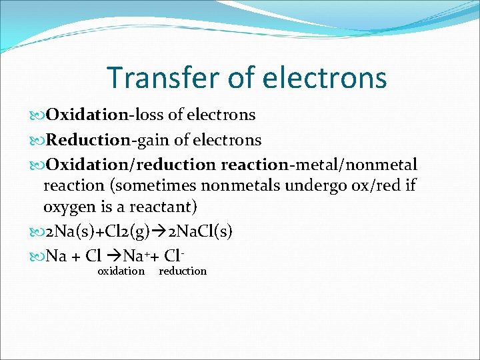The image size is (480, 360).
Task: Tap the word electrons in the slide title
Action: (x=325, y=77)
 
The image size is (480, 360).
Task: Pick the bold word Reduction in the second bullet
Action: (x=88, y=140)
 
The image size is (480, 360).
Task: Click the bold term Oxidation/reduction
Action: (x=131, y=164)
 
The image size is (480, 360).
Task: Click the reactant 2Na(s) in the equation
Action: (x=72, y=231)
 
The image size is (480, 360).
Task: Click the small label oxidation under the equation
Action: (x=121, y=271)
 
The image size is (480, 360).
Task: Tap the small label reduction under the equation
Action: (x=183, y=271)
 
